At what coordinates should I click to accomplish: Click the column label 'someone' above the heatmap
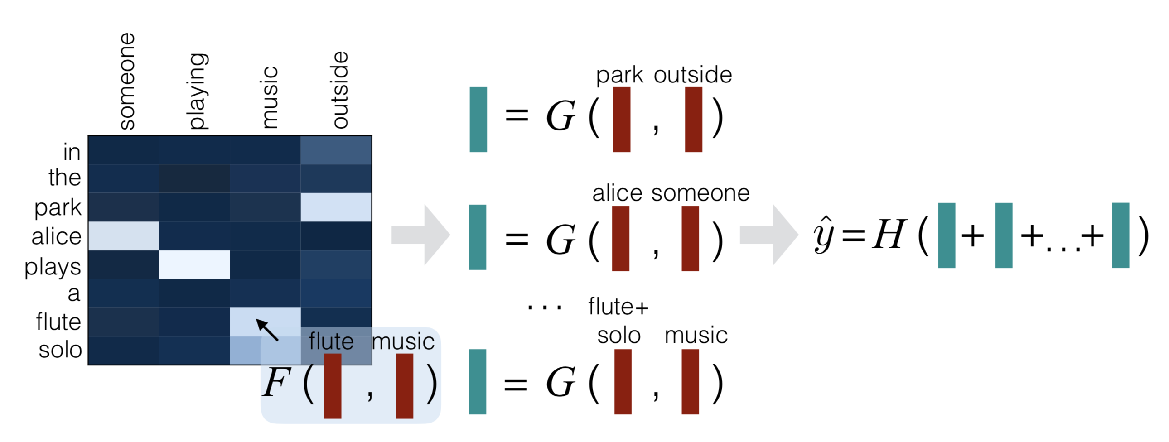[x=127, y=82]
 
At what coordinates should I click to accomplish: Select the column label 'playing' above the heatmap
[x=198, y=91]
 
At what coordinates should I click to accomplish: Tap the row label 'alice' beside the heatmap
[x=56, y=236]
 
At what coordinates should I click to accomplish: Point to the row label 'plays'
[x=53, y=267]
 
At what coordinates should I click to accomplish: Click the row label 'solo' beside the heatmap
[x=60, y=350]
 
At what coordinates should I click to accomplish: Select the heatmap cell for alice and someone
[x=123, y=236]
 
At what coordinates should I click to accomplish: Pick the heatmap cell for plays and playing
[x=194, y=264]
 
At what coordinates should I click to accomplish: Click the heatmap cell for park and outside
[x=336, y=207]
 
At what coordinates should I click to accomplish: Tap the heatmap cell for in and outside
[x=336, y=150]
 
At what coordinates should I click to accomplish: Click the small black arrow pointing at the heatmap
[x=267, y=329]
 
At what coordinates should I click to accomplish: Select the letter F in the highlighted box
[x=275, y=382]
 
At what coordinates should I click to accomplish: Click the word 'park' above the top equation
[x=619, y=75]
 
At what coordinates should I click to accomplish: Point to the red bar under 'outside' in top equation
[x=693, y=120]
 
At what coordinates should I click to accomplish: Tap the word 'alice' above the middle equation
[x=617, y=193]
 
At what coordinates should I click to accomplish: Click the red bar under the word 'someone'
[x=690, y=238]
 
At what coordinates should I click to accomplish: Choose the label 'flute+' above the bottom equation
[x=618, y=307]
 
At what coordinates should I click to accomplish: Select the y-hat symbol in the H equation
[x=824, y=234]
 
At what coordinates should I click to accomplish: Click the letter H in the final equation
[x=889, y=234]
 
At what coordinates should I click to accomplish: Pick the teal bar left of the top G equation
[x=478, y=120]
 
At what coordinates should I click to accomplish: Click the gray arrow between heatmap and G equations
[x=420, y=235]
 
